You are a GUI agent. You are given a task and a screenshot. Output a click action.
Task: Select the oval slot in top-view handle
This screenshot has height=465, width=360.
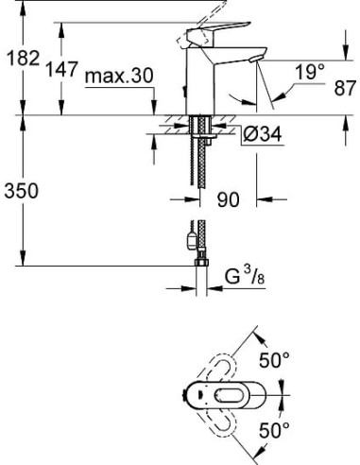tap(224, 395)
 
